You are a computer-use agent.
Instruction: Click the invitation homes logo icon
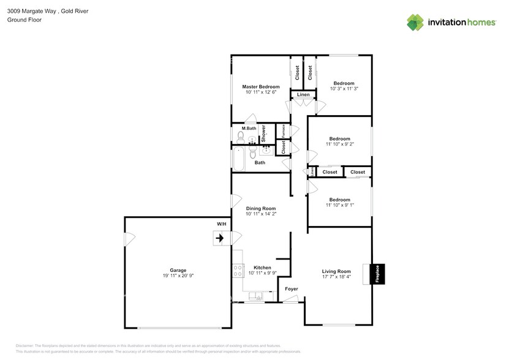click(x=416, y=22)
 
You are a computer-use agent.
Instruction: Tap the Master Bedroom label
click(x=260, y=87)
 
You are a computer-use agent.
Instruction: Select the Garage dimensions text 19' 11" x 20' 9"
click(x=178, y=276)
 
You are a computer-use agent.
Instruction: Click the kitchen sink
click(x=254, y=296)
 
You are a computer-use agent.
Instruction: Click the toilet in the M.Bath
click(x=240, y=137)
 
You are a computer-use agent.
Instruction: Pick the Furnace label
click(x=283, y=130)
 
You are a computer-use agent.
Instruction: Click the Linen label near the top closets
click(x=303, y=95)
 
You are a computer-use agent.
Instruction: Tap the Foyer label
click(x=292, y=288)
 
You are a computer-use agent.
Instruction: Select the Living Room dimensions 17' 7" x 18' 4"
click(x=336, y=277)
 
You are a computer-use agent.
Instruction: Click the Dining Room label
click(x=261, y=209)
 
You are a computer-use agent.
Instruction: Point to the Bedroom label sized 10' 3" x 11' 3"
click(x=344, y=83)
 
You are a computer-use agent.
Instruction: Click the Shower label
click(x=264, y=133)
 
